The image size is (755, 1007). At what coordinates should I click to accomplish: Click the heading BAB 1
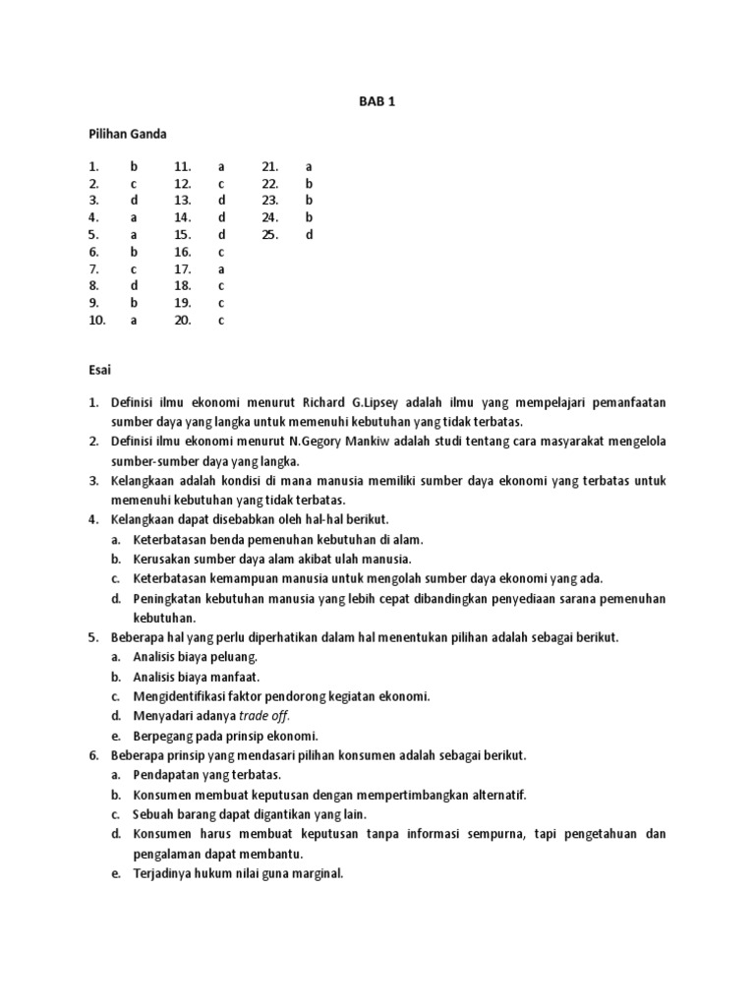tap(377, 100)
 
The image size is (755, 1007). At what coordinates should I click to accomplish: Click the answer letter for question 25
tap(309, 235)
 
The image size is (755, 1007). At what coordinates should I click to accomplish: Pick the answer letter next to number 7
tap(134, 268)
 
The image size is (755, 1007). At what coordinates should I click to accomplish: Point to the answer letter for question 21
tap(309, 167)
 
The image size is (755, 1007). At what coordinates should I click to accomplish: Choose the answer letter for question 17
tap(221, 268)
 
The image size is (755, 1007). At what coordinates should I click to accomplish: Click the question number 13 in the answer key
tap(183, 201)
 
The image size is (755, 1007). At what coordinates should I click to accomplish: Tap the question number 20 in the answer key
tap(183, 320)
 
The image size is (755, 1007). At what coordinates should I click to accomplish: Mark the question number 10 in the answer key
tap(96, 320)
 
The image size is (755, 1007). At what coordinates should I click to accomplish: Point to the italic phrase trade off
tap(266, 716)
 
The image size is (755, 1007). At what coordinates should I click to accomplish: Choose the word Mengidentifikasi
tap(185, 696)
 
